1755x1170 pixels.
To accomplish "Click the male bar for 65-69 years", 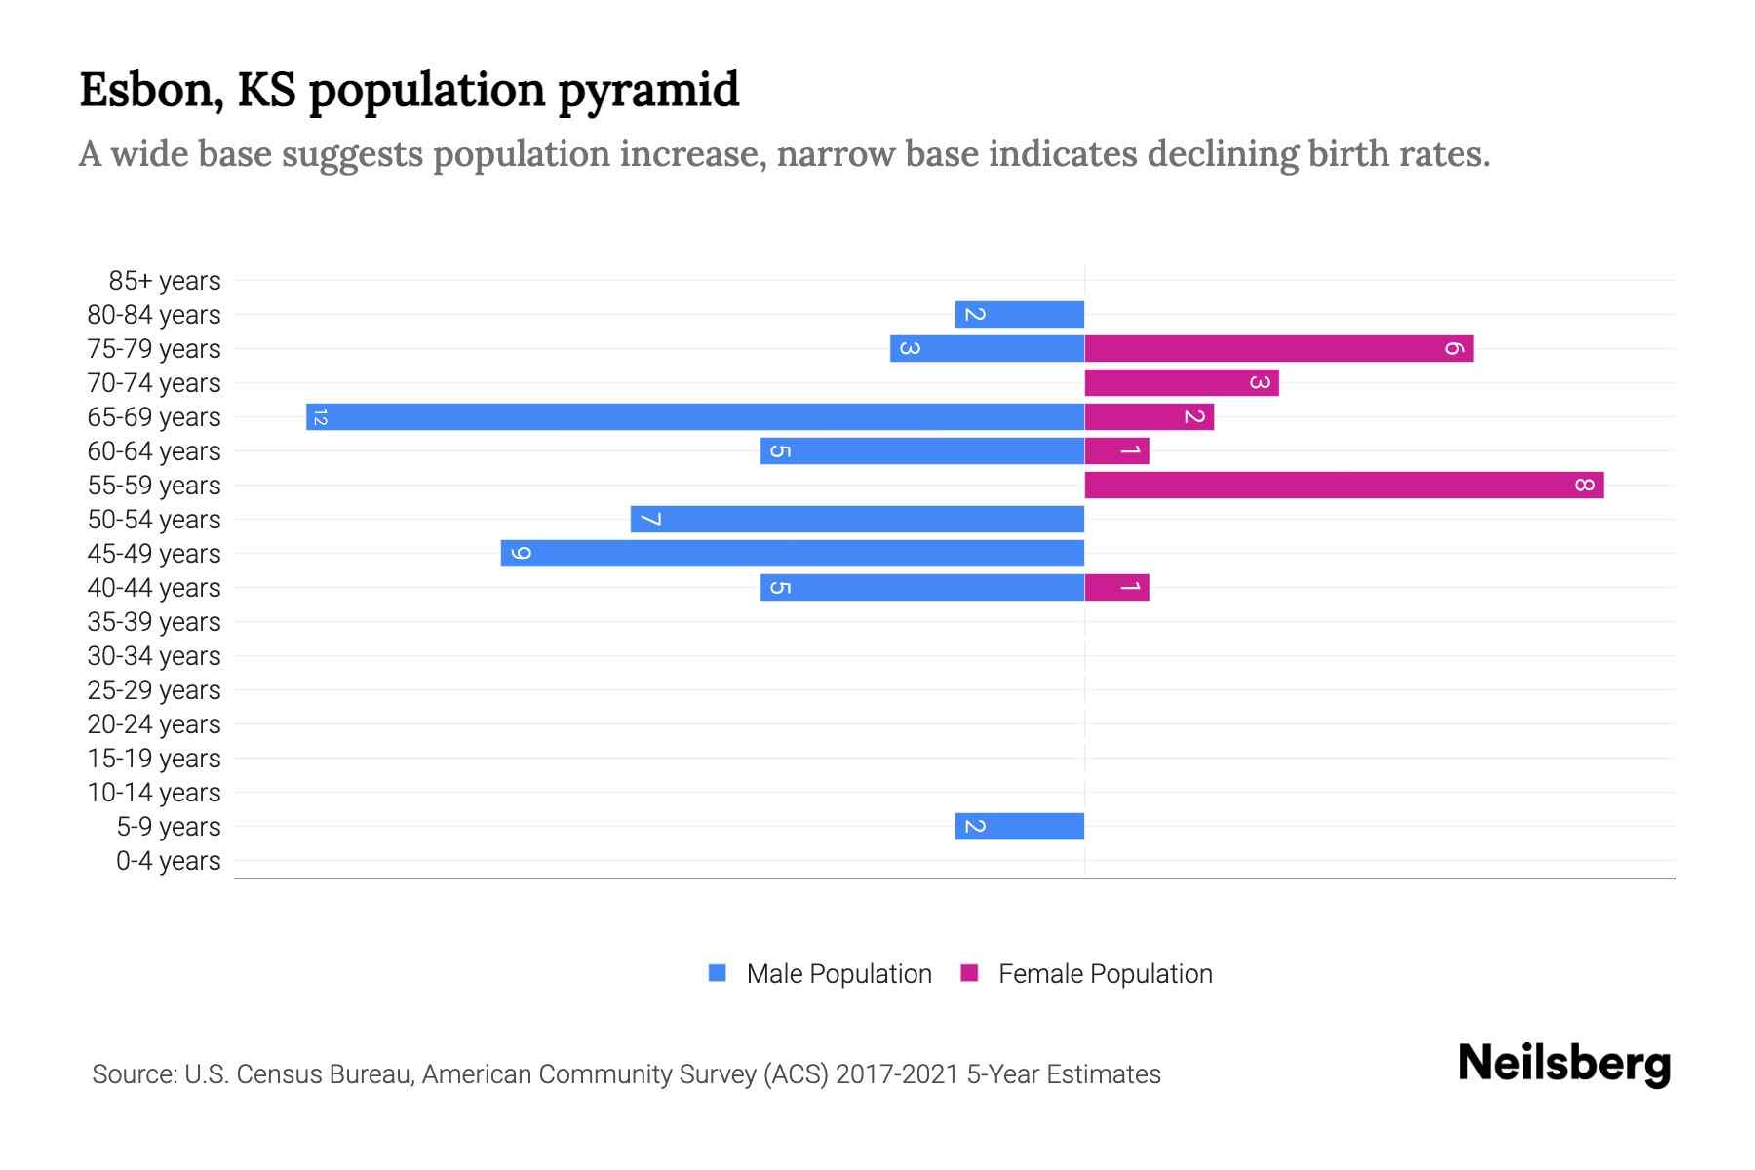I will [x=695, y=417].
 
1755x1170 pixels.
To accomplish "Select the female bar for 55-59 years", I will [x=1344, y=486].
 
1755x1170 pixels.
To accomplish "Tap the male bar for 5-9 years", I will [x=1020, y=827].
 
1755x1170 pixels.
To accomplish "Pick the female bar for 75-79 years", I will [x=1278, y=349].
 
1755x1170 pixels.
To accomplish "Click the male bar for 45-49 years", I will [x=793, y=554].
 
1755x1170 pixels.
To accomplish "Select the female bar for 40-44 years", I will [x=1117, y=588].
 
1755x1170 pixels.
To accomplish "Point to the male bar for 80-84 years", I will [x=1020, y=315].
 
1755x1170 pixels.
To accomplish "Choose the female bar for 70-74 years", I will [x=1182, y=383].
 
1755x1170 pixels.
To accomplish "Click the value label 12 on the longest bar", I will [x=320, y=417].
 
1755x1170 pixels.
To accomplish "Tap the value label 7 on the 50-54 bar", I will [x=650, y=520].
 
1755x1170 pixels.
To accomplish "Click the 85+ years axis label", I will [x=165, y=281].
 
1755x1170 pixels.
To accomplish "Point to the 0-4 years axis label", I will [x=168, y=861].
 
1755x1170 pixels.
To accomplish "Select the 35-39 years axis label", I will [x=154, y=622].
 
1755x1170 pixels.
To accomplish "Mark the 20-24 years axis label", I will [x=154, y=724].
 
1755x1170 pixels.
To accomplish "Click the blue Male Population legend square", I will [x=718, y=973].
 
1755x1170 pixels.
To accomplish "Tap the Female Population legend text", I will [x=1105, y=974].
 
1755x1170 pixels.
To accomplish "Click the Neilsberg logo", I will [x=1564, y=1064].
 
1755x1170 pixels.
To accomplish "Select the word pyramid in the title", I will [x=648, y=91].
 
